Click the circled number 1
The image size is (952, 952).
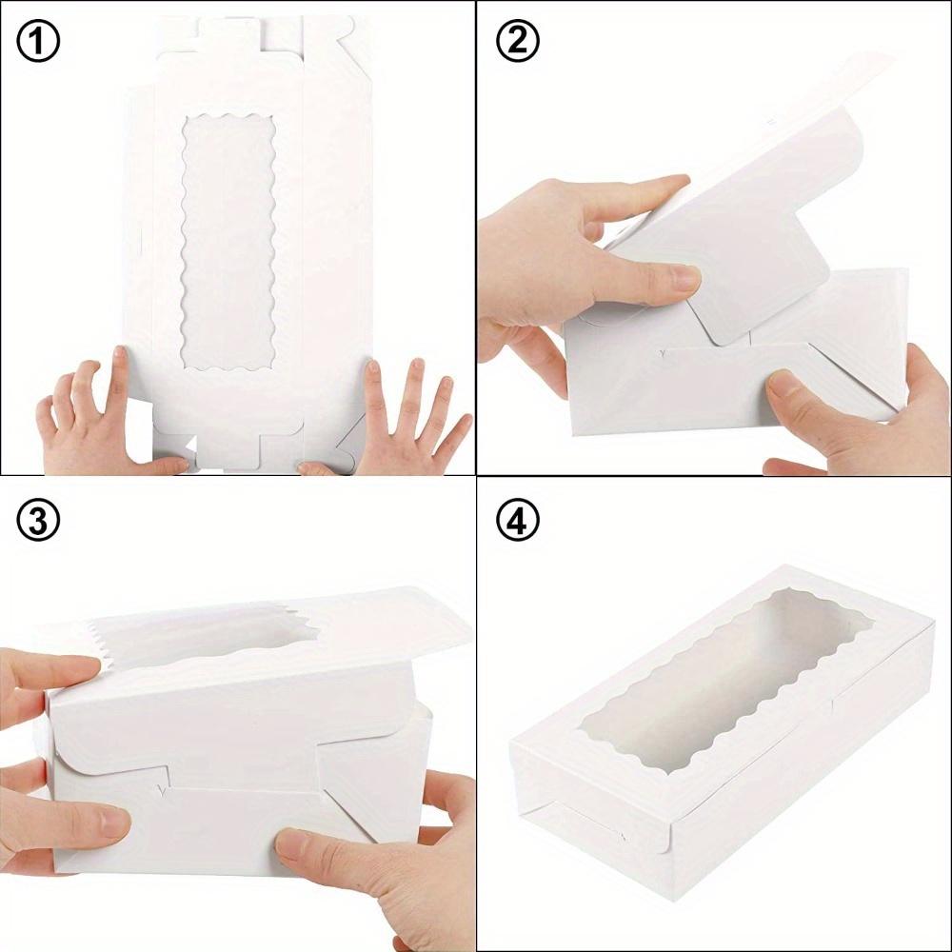[x=38, y=42]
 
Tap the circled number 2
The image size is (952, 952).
[x=518, y=42]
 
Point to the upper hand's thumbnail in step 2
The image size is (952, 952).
[x=684, y=279]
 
